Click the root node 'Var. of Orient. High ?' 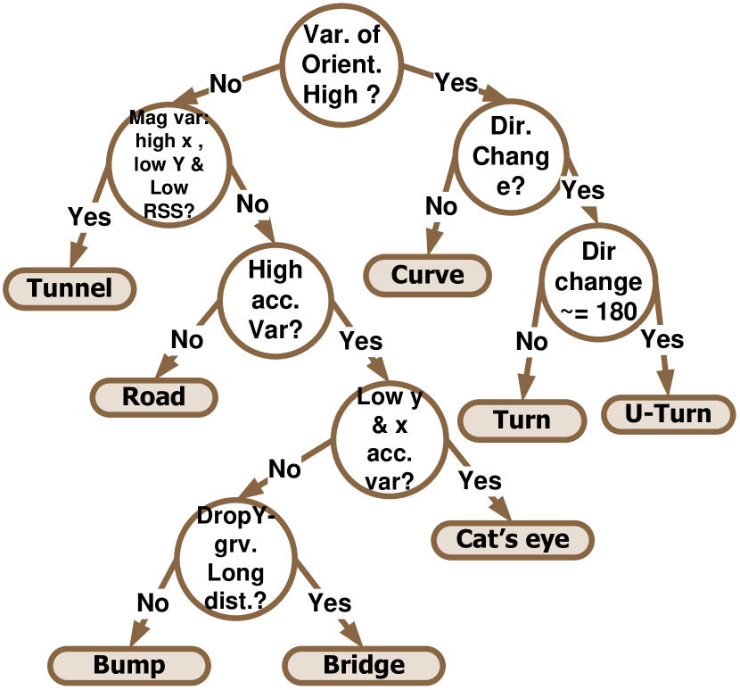[342, 64]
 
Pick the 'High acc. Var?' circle [275, 299]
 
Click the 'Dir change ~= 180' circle [599, 281]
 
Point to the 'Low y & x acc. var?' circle [390, 439]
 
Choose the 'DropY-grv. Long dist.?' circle [235, 558]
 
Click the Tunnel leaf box [70, 288]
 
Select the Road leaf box [154, 396]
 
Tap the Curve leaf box [428, 274]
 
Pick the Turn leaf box [522, 420]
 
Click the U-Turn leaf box [669, 414]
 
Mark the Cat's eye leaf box [513, 539]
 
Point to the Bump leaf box [129, 665]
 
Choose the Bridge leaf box [364, 665]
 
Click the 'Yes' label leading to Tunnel [89, 218]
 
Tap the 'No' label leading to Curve [440, 207]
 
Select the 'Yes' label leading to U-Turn [662, 339]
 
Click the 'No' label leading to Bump [152, 603]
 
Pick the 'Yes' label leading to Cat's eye [480, 482]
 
